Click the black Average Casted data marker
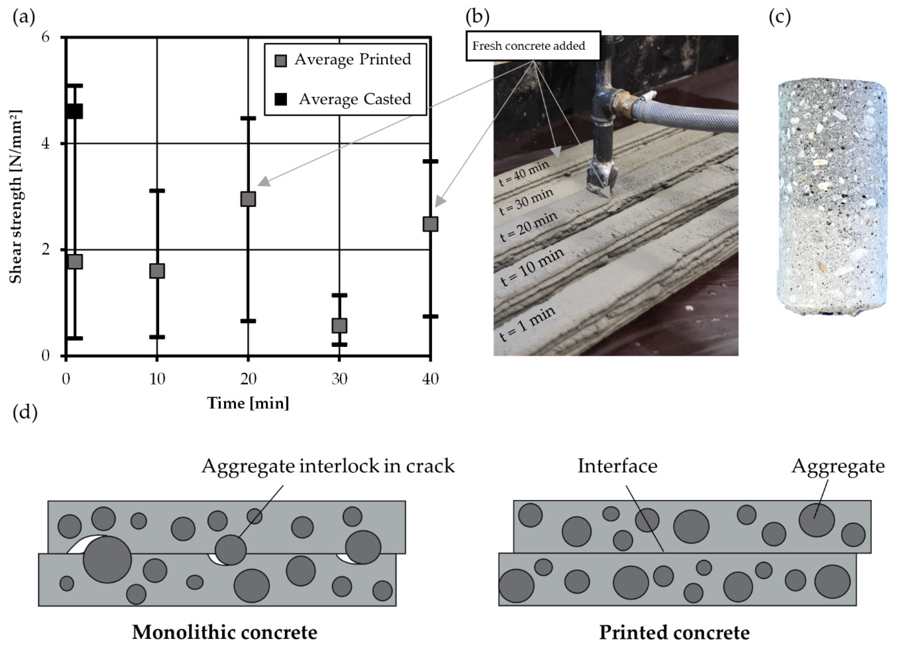click(75, 111)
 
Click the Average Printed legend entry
click(344, 60)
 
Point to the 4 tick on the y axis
click(46, 143)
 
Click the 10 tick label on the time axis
click(157, 379)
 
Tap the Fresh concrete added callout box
click(533, 46)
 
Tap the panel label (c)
click(779, 17)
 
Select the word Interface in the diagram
click(617, 466)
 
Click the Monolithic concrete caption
click(225, 632)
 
